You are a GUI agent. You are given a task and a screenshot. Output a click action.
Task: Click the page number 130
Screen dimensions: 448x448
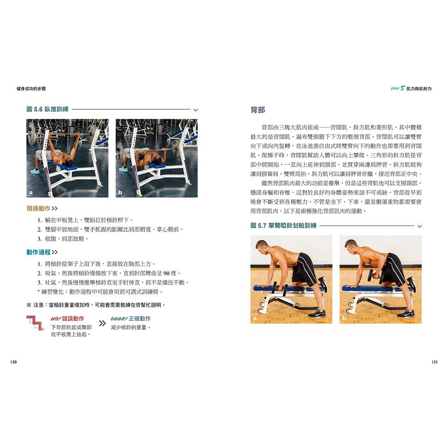[13, 362]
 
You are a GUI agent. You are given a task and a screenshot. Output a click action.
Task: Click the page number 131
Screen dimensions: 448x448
[434, 362]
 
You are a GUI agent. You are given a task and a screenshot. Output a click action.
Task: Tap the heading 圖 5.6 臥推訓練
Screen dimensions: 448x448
[47, 109]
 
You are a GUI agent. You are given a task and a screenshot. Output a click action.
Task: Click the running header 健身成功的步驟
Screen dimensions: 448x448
[31, 89]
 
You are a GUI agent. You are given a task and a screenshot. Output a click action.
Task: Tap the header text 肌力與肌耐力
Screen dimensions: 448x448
[419, 89]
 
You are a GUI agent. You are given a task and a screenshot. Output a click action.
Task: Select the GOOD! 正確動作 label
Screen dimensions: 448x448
[130, 319]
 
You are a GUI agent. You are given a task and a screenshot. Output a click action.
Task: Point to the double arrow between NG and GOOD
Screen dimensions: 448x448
[102, 323]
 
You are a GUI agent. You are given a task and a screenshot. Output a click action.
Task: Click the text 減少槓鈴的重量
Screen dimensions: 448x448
[130, 327]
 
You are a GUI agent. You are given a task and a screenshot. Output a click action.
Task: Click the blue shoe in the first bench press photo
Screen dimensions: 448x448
[35, 171]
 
